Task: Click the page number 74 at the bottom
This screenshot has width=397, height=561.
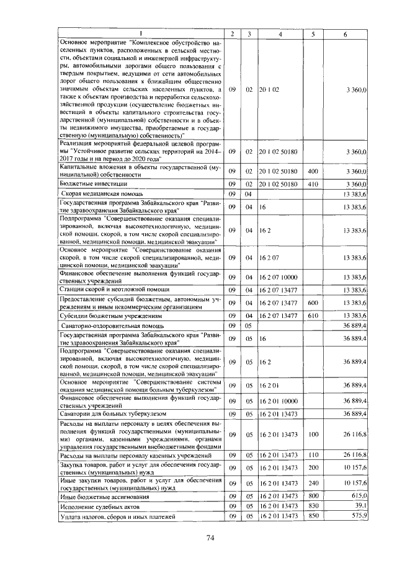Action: pos(210,537)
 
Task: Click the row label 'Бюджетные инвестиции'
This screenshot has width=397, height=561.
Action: pos(94,184)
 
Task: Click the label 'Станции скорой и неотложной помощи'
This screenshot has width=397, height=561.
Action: pos(108,289)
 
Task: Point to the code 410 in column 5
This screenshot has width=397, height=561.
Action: pos(313,184)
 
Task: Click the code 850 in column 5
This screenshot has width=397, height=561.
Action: pos(313,516)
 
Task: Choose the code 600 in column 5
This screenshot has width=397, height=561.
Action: pos(313,302)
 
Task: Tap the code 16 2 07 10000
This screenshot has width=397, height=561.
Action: pos(279,276)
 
